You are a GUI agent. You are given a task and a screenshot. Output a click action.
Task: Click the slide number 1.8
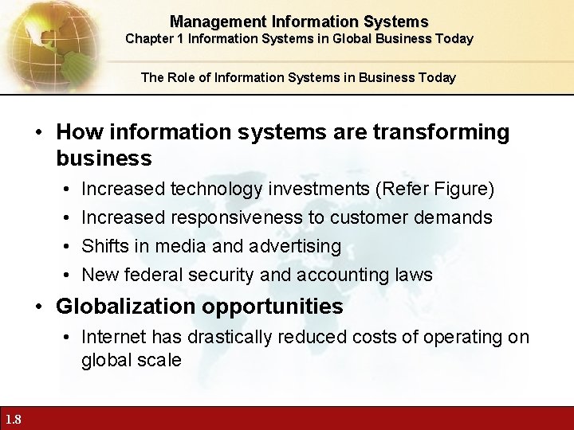point(13,420)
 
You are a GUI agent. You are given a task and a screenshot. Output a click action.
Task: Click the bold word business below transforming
point(104,158)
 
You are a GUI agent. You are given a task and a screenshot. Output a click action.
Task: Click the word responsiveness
point(231,217)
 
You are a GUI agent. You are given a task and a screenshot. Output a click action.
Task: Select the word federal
point(152,275)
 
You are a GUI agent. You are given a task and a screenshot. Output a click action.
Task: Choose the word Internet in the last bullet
point(112,337)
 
